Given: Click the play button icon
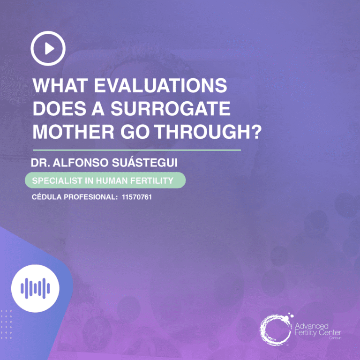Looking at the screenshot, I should [48, 48].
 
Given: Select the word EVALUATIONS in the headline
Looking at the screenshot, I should [161, 87].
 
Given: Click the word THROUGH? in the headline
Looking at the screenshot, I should [208, 133].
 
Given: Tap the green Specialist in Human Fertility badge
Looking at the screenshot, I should [105, 180].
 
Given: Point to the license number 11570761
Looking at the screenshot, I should [136, 197].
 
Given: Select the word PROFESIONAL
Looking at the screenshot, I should [89, 197].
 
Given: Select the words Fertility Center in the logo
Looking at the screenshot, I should [318, 332].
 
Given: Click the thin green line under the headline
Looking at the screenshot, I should [136, 150].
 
